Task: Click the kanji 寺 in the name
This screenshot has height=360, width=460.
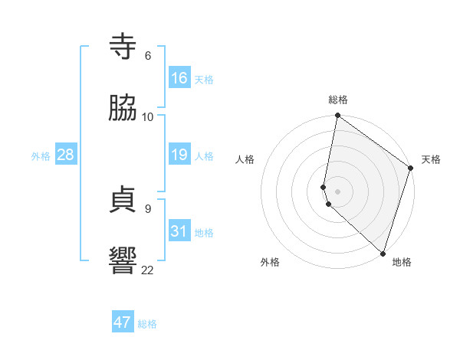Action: [x=123, y=47]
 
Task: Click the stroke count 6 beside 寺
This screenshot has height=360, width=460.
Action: [x=148, y=56]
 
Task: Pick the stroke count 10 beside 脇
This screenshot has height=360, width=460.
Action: [x=148, y=117]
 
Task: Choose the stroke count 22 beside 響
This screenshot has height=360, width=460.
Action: [x=148, y=270]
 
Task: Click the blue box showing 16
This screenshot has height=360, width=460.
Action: [x=179, y=78]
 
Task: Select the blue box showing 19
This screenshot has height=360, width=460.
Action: [x=179, y=155]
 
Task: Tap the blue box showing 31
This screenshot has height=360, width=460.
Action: [x=179, y=231]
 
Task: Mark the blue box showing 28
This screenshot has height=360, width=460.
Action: [x=66, y=155]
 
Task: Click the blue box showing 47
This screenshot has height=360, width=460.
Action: [x=123, y=322]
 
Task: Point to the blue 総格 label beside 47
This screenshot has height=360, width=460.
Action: [x=147, y=324]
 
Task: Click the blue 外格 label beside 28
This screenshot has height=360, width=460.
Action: [x=41, y=156]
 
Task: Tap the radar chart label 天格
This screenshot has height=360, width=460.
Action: [x=431, y=159]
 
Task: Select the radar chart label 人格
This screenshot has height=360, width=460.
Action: [x=245, y=159]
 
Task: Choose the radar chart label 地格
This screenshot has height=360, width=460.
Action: [x=402, y=262]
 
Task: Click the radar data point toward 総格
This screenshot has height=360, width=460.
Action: [x=337, y=116]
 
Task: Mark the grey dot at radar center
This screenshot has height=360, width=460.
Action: [x=337, y=190]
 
